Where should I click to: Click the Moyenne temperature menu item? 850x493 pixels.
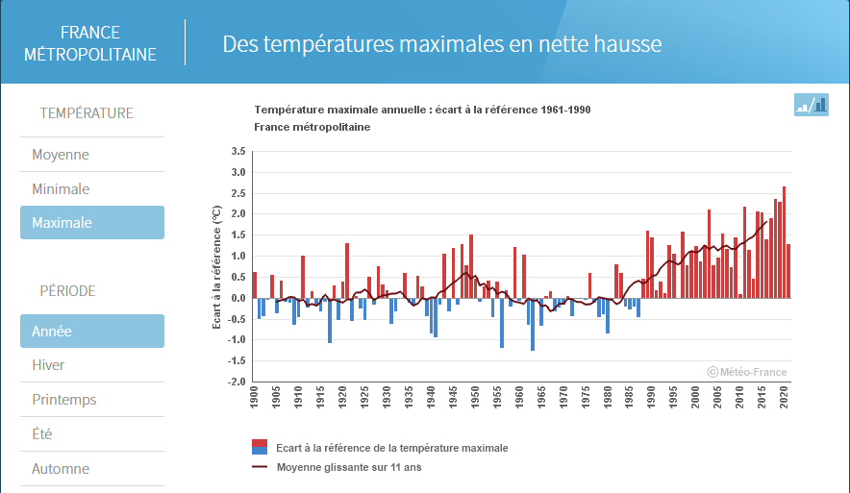pos(61,155)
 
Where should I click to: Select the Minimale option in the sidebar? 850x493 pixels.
pos(61,189)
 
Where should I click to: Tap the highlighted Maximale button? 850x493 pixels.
pos(92,223)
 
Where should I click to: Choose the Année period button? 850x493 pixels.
pos(92,331)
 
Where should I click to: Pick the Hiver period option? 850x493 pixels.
pos(48,365)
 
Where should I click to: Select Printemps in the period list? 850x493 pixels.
pos(64,400)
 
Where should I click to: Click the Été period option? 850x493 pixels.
pos(41,434)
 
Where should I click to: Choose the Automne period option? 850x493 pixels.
pos(61,469)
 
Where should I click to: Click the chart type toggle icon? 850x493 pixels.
pos(811,105)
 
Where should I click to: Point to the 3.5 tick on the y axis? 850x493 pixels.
pos(238,151)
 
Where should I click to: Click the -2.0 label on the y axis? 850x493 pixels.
pos(237,382)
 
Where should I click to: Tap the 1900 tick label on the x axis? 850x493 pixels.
pos(254,397)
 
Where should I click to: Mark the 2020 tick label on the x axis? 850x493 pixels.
pos(784,397)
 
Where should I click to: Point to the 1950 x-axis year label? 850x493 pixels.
pos(475,397)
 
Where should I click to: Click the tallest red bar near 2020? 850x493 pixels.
pos(784,242)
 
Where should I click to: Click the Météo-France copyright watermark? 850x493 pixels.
pos(747,372)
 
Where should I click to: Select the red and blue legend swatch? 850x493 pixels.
pos(260,447)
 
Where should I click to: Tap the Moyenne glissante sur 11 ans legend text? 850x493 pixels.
pos(349,467)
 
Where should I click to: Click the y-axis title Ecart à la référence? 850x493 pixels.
pos(217,266)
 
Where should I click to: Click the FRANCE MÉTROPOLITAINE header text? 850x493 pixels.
pos(90,43)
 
